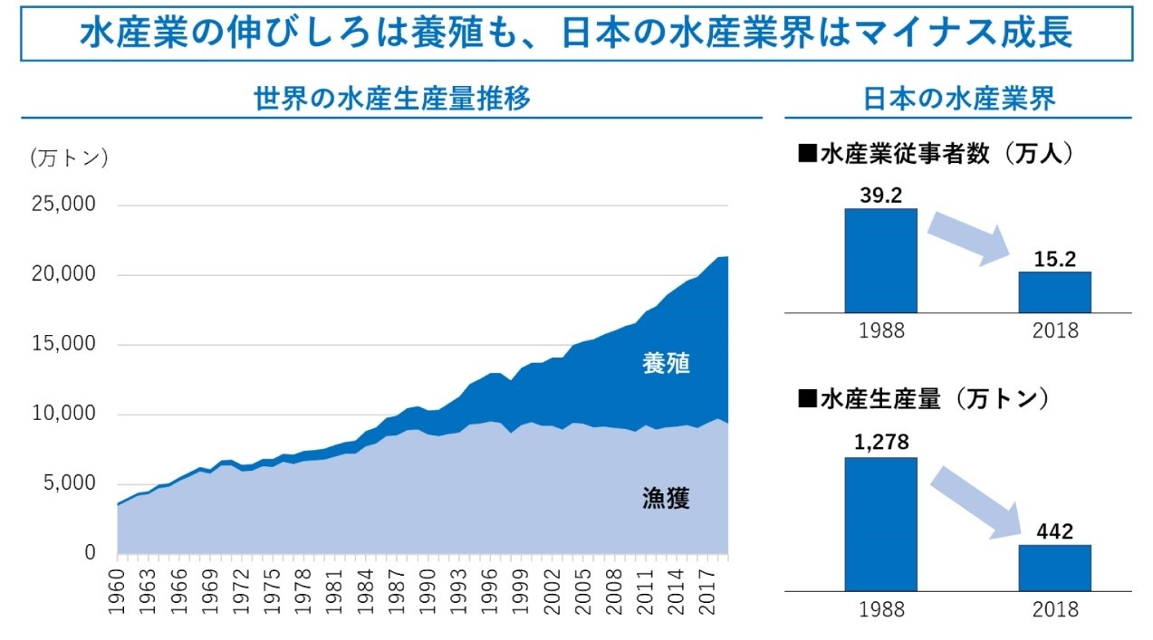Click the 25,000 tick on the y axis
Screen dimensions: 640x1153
65,205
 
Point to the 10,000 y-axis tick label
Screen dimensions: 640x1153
65,414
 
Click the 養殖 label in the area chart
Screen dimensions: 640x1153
666,364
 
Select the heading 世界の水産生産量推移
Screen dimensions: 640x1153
391,99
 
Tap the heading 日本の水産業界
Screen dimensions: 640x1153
958,99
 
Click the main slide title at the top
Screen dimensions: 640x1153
576,33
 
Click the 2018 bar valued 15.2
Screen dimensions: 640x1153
1054,291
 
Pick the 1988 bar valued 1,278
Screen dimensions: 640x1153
880,523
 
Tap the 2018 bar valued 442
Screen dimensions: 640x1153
1054,567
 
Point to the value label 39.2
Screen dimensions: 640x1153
880,195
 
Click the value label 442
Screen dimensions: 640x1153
1054,531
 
